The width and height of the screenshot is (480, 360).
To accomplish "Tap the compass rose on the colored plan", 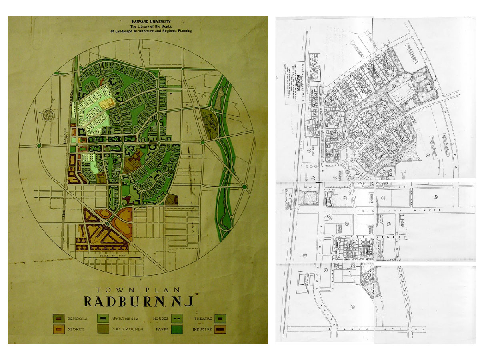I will click(x=48, y=115).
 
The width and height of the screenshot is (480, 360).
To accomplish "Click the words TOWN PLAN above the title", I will click(x=138, y=290).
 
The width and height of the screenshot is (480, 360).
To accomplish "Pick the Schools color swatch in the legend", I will click(x=58, y=318).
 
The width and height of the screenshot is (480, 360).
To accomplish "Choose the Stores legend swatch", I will click(x=58, y=329).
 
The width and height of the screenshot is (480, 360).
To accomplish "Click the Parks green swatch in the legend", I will click(x=176, y=329).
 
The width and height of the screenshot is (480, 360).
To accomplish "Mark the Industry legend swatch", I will click(x=220, y=329).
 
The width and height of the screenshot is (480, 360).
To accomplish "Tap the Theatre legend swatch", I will click(x=220, y=318).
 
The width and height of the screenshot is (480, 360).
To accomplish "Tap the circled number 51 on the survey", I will click(x=352, y=307).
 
